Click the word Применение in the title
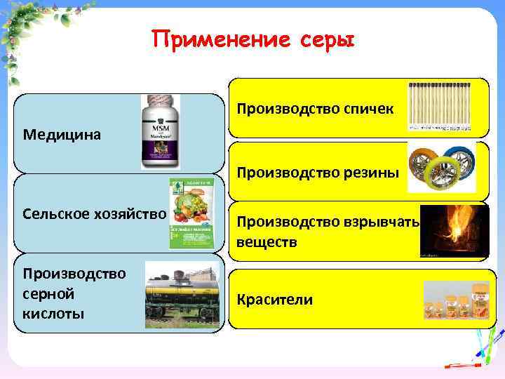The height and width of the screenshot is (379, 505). tap(210, 40)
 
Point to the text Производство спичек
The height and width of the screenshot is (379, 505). tap(315, 109)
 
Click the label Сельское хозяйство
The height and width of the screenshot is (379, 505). tap(94, 213)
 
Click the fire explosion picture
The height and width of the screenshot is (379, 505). tap(454, 230)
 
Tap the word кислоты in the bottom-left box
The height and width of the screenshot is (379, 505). tap(53, 313)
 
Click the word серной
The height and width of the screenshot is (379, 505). tap(48, 293)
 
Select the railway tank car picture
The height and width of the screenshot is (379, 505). tap(182, 295)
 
